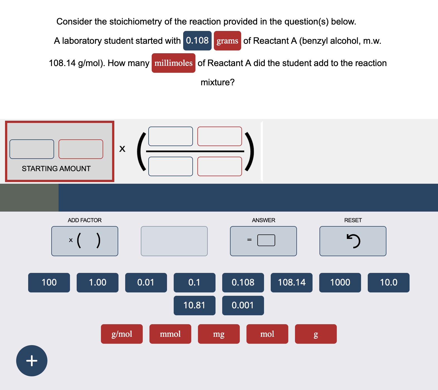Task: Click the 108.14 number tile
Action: point(291,282)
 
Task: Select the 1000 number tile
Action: point(340,282)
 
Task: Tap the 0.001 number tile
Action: point(243,305)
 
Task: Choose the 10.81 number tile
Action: point(194,305)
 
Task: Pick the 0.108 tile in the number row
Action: point(243,282)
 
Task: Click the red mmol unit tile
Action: point(170,334)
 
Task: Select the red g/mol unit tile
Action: point(122,334)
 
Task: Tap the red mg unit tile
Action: point(219,334)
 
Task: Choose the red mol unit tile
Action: point(267,334)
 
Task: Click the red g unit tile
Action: point(316,334)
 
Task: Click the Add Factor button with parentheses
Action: point(84,241)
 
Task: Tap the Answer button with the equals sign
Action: point(263,241)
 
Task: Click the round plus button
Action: point(32,360)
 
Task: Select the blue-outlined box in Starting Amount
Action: point(32,149)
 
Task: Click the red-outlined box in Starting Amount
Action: point(81,149)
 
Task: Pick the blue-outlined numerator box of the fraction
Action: point(170,136)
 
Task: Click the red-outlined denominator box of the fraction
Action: point(219,166)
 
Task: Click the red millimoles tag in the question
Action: point(173,63)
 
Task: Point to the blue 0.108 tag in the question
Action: point(197,41)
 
